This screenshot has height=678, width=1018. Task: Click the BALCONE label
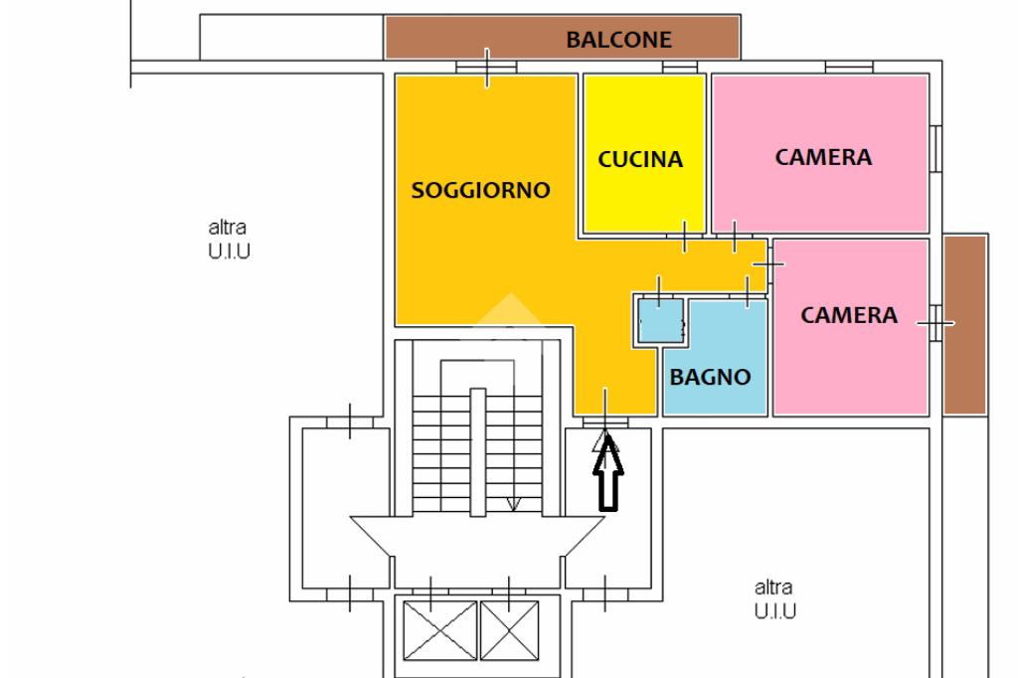click(618, 41)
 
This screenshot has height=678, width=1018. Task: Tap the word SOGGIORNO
click(480, 190)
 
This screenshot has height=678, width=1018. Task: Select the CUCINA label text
click(640, 159)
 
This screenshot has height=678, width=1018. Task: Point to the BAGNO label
click(709, 377)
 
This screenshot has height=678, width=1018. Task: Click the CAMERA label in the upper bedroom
click(823, 157)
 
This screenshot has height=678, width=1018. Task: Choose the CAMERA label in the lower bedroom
click(849, 316)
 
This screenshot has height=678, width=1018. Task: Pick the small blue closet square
click(658, 320)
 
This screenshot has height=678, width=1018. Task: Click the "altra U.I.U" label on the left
click(229, 240)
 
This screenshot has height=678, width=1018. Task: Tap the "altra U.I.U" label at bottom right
click(774, 599)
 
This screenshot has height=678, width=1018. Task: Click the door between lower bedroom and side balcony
click(935, 323)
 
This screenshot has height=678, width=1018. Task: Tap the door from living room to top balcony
click(487, 68)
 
